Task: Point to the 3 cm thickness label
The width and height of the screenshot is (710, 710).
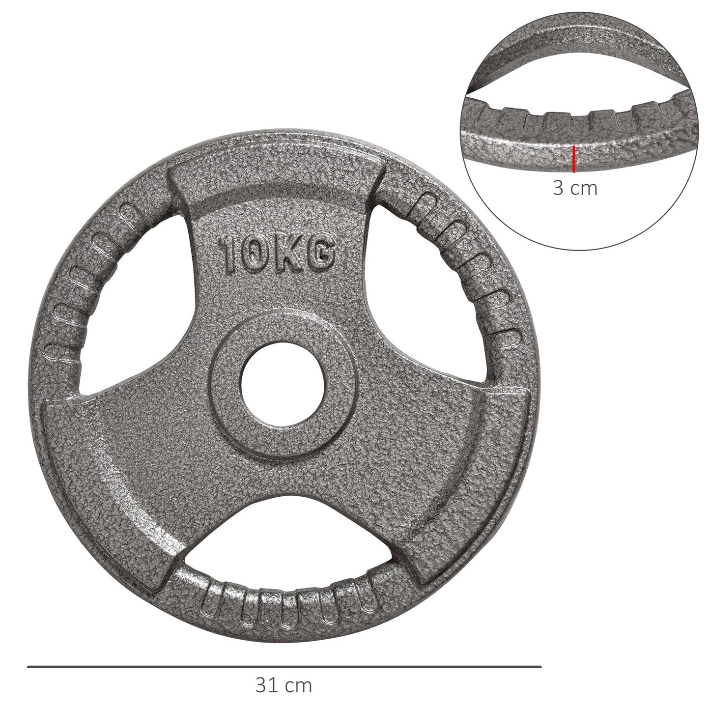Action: [575, 188]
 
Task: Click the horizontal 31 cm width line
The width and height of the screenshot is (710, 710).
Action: [284, 667]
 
